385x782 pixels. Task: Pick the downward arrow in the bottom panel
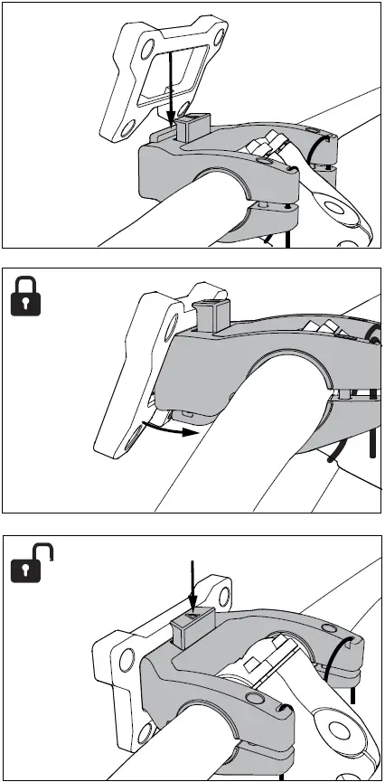click(x=192, y=588)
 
